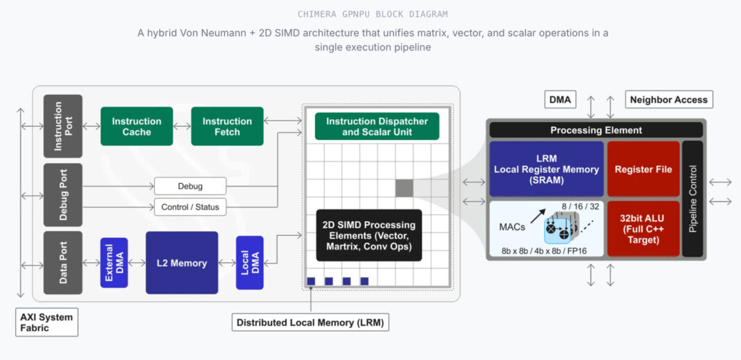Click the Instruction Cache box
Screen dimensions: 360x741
137,126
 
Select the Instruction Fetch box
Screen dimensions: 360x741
227,126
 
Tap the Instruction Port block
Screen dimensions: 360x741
63,126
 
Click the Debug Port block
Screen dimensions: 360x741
63,195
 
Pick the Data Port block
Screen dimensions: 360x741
63,262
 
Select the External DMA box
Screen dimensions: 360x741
114,262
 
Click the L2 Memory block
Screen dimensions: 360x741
182,263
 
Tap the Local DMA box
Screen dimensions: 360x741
250,262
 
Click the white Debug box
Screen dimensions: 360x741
190,186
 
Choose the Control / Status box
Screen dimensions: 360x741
190,207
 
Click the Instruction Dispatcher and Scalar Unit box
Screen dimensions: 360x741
377,126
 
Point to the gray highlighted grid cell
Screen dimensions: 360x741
404,187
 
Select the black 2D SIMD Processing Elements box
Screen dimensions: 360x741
368,235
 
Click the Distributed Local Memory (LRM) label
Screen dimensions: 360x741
310,323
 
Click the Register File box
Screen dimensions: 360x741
643,169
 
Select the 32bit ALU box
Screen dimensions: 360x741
643,229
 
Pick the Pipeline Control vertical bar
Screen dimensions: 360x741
692,199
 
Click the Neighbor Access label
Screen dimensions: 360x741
668,100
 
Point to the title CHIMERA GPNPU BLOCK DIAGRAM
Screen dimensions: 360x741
372,14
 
